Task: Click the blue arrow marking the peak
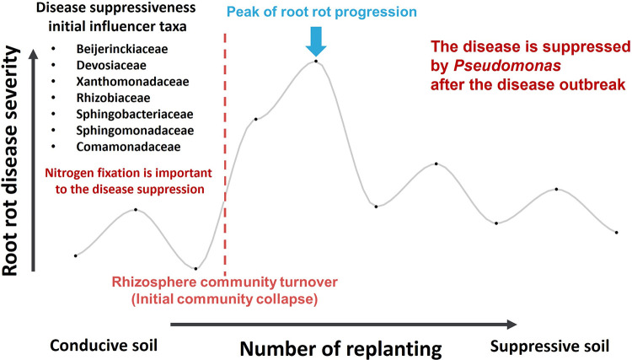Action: tap(315, 39)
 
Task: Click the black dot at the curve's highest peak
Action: tap(315, 61)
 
